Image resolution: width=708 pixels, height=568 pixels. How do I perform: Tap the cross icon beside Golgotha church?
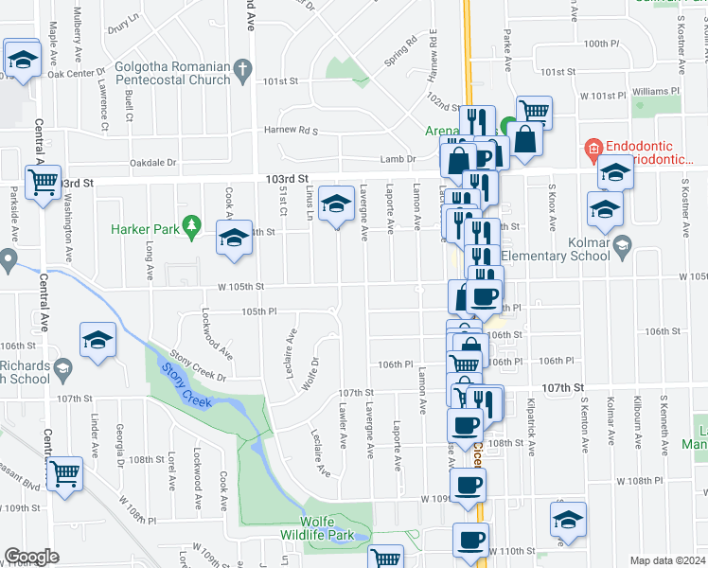[243, 70]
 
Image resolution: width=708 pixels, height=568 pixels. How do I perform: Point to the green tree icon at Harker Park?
[193, 225]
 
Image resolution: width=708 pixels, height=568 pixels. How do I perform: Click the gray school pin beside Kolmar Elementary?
[621, 248]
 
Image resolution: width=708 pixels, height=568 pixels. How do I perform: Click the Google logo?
[32, 557]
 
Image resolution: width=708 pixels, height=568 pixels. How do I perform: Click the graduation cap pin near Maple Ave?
[22, 60]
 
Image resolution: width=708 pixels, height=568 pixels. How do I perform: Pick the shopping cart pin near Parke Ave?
[535, 111]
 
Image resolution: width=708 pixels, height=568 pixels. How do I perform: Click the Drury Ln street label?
[123, 29]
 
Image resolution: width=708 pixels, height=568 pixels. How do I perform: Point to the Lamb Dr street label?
[398, 159]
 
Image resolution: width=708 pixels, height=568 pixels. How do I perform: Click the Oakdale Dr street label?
[153, 163]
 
